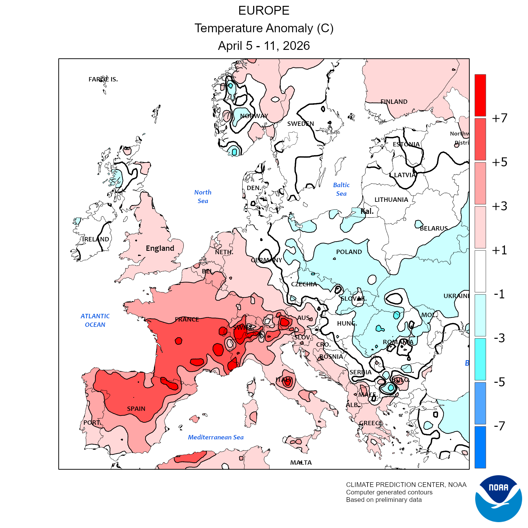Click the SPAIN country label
coord(136,409)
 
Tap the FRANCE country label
coord(187,319)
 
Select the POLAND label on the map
coord(349,252)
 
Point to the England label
coord(160,248)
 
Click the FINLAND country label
coord(394,102)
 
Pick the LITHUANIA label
coord(391,200)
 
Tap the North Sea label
coord(203,197)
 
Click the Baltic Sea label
coord(341,189)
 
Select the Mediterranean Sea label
coord(216,437)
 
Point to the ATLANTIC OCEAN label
coord(95,320)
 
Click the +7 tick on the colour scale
coord(500,118)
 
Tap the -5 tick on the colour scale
coord(499,382)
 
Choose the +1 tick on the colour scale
coord(500,250)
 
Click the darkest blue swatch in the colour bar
coord(480,447)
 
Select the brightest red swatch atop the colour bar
coord(480,95)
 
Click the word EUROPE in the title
coord(264,11)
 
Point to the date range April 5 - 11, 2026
coord(264,46)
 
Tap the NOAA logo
coord(498,498)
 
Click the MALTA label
coord(301,463)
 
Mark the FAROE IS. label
coord(103,79)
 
